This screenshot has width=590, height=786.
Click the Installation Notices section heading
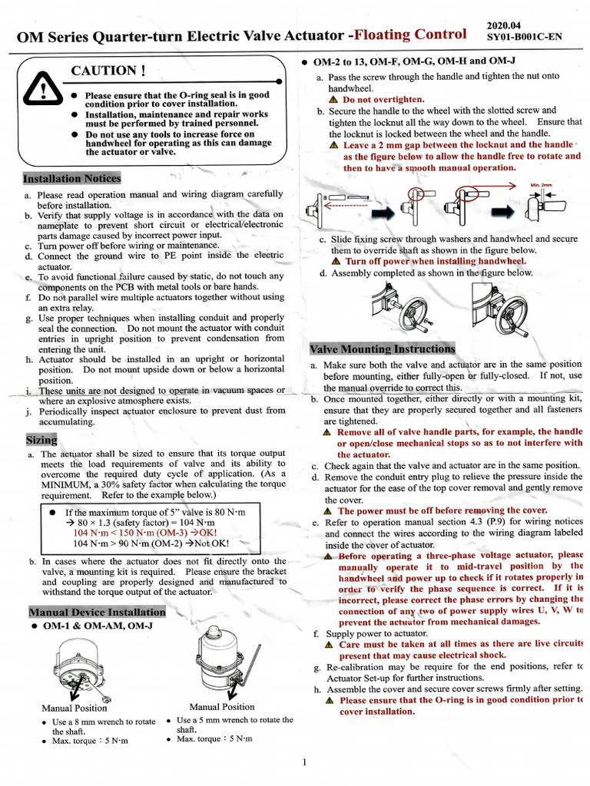pyautogui.click(x=71, y=179)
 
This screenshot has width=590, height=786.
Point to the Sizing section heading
pyautogui.click(x=41, y=440)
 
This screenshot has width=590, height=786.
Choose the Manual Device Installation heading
pyautogui.click(x=97, y=612)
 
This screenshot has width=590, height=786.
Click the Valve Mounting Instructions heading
pyautogui.click(x=382, y=349)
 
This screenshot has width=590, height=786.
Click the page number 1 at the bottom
pyautogui.click(x=304, y=761)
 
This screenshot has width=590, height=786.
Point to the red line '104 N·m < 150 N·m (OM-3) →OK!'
pyautogui.click(x=145, y=532)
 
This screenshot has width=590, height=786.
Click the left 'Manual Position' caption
pyautogui.click(x=75, y=708)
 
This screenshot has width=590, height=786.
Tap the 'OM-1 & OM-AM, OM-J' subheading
pyautogui.click(x=98, y=626)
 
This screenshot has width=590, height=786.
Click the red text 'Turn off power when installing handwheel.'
pyautogui.click(x=430, y=261)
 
